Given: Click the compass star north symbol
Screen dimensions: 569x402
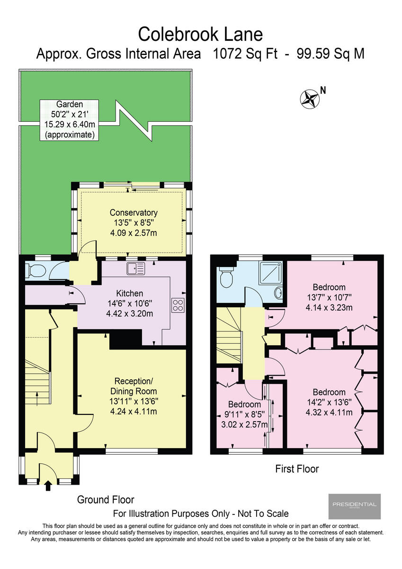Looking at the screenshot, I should (310, 98).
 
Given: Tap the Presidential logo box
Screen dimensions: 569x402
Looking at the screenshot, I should (354, 506).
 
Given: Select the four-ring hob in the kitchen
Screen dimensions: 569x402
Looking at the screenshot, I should (178, 304).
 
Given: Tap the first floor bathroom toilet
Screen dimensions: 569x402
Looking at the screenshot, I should (227, 277).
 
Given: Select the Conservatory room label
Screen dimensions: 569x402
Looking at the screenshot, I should (134, 223).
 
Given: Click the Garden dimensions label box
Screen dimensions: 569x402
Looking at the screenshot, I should (69, 120).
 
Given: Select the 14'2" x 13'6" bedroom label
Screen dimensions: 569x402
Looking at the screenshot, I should (329, 402).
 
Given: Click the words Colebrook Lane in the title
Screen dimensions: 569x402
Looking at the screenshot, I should (200, 34).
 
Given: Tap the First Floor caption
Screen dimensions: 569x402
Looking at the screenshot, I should (297, 469).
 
